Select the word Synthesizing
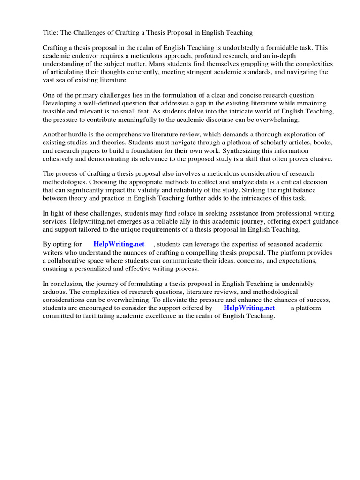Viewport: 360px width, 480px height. point(246,150)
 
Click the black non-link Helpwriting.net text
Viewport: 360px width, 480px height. point(92,221)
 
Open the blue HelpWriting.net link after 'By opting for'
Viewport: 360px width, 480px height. point(119,244)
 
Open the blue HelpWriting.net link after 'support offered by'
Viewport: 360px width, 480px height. point(249,308)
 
